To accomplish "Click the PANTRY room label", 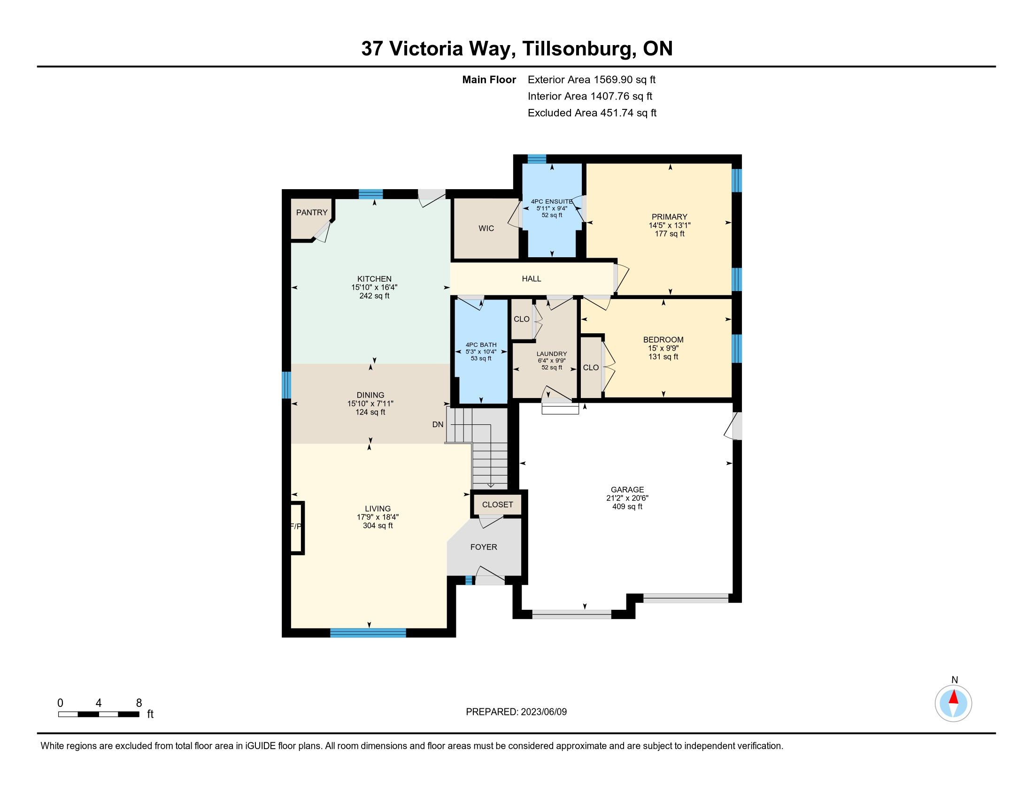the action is [312, 213].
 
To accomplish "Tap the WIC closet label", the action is [486, 229].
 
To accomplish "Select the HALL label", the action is [532, 279].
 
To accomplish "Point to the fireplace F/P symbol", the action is [296, 527].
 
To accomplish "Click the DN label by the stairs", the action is [438, 424].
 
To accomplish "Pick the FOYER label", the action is [484, 547].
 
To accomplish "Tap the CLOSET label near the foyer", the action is [498, 505].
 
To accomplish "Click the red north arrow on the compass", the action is [954, 697].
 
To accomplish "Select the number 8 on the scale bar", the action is [139, 703].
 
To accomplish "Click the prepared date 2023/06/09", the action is [543, 712].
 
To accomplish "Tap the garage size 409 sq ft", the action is [627, 507].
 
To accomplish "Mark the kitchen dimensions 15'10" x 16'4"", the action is [375, 287].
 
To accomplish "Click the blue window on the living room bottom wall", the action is [368, 633].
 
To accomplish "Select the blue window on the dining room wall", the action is [286, 385].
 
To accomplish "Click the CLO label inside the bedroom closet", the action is [591, 368].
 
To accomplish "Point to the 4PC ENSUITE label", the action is [552, 201].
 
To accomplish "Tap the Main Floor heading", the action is [489, 80].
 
